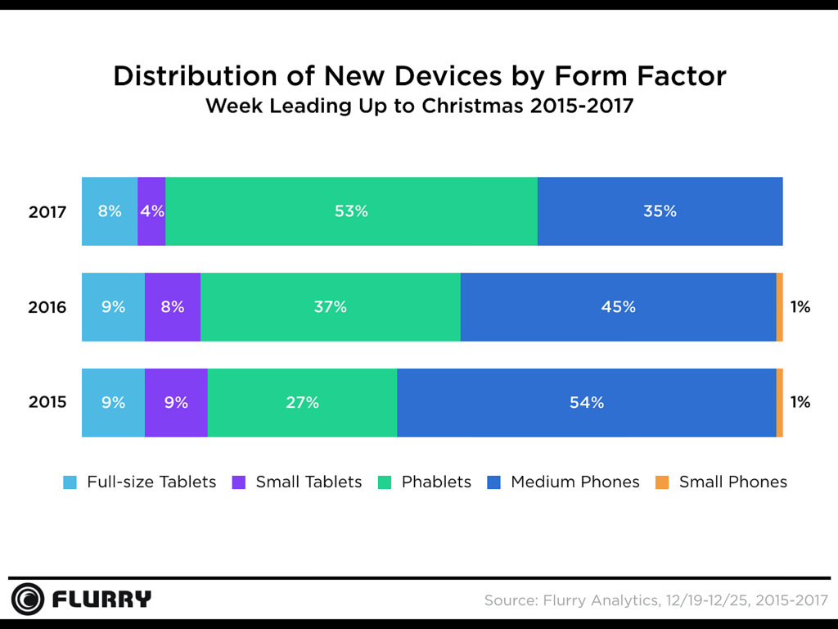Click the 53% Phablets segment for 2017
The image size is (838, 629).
(351, 211)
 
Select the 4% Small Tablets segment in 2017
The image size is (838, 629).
(151, 211)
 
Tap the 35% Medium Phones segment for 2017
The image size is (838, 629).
(660, 211)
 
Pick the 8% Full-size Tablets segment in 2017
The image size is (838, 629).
(110, 211)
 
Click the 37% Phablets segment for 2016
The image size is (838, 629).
(330, 307)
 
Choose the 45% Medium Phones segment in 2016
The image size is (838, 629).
(618, 307)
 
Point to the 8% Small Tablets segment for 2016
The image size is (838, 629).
(173, 307)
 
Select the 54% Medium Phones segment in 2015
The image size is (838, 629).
(586, 403)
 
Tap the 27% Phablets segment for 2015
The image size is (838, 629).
(302, 403)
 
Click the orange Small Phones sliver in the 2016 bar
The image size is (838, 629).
(779, 307)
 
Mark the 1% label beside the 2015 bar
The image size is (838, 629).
(800, 403)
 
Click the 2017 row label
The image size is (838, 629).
(47, 211)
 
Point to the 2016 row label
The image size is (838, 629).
(47, 307)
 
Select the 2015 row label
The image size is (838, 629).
(47, 403)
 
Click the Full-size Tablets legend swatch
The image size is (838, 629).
(70, 482)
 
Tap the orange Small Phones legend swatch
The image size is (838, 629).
(663, 482)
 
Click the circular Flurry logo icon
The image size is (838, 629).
(28, 600)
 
